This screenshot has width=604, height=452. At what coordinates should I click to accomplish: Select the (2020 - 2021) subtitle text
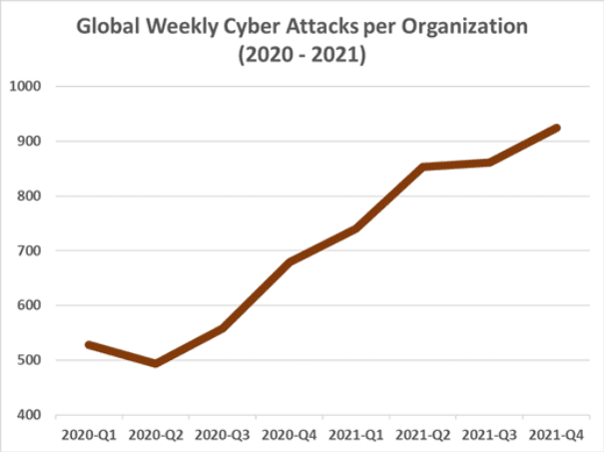click(301, 58)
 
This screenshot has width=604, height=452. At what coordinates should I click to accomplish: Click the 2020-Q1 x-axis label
click(88, 435)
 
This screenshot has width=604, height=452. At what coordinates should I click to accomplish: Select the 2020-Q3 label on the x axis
click(222, 435)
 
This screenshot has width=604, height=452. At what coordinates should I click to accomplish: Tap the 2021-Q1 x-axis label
click(355, 435)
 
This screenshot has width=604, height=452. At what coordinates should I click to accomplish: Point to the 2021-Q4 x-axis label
click(557, 435)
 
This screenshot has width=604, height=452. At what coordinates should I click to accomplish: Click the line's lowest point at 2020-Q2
click(155, 363)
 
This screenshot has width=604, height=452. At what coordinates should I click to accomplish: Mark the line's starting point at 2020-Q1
click(89, 344)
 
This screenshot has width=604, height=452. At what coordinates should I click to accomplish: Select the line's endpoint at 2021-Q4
click(556, 128)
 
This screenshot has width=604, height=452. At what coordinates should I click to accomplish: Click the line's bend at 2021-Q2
click(422, 167)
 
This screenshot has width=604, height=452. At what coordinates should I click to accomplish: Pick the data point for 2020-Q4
click(289, 261)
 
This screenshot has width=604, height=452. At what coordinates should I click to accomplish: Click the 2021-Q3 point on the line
click(489, 162)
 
